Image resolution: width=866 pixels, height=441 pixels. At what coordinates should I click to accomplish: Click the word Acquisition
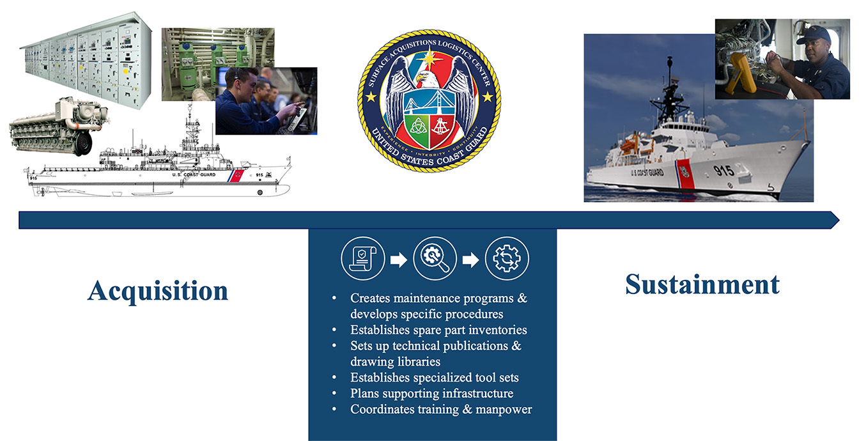158,291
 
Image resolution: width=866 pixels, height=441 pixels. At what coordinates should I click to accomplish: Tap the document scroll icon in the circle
362,259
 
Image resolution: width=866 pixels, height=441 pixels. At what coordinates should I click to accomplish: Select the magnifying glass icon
435,259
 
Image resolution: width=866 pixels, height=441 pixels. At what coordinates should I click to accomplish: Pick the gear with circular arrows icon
507,259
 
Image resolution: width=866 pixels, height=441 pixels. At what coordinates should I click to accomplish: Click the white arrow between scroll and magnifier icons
399,259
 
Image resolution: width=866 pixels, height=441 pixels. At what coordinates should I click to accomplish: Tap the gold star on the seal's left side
371,97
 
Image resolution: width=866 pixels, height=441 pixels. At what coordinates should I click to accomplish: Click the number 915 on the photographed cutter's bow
723,171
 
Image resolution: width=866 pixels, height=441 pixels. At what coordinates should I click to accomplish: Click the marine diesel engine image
58,126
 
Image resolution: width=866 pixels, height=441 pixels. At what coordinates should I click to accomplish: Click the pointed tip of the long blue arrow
839,220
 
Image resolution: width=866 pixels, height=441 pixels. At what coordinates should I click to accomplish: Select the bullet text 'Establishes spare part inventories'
438,330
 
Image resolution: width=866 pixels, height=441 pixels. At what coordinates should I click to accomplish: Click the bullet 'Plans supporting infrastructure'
432,393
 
